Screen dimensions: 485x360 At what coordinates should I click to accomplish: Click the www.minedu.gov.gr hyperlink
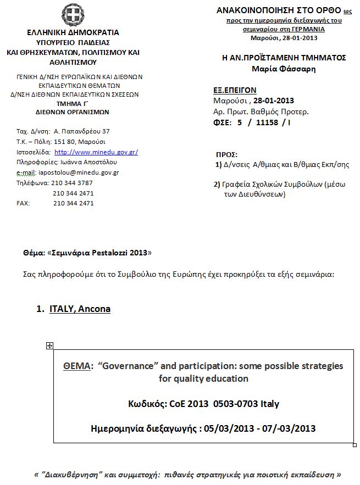[96, 152]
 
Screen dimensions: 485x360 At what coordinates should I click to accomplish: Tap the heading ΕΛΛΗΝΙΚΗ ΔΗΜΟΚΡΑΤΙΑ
[73, 33]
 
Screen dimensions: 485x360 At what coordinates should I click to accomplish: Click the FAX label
[23, 203]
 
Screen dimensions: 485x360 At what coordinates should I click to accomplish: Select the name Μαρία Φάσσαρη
[284, 69]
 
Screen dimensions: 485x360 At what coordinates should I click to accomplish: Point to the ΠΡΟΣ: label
[227, 155]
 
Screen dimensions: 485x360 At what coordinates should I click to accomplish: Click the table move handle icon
[49, 345]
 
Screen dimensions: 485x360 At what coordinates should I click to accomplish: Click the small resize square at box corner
[355, 444]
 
